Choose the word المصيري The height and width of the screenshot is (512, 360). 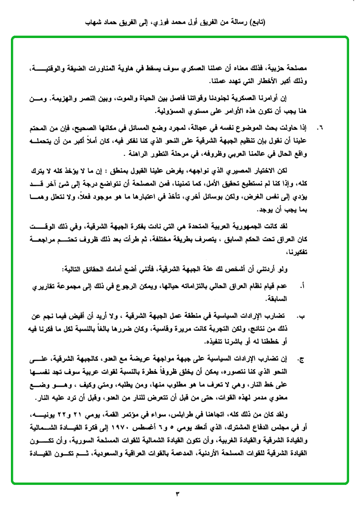point(259,169)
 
